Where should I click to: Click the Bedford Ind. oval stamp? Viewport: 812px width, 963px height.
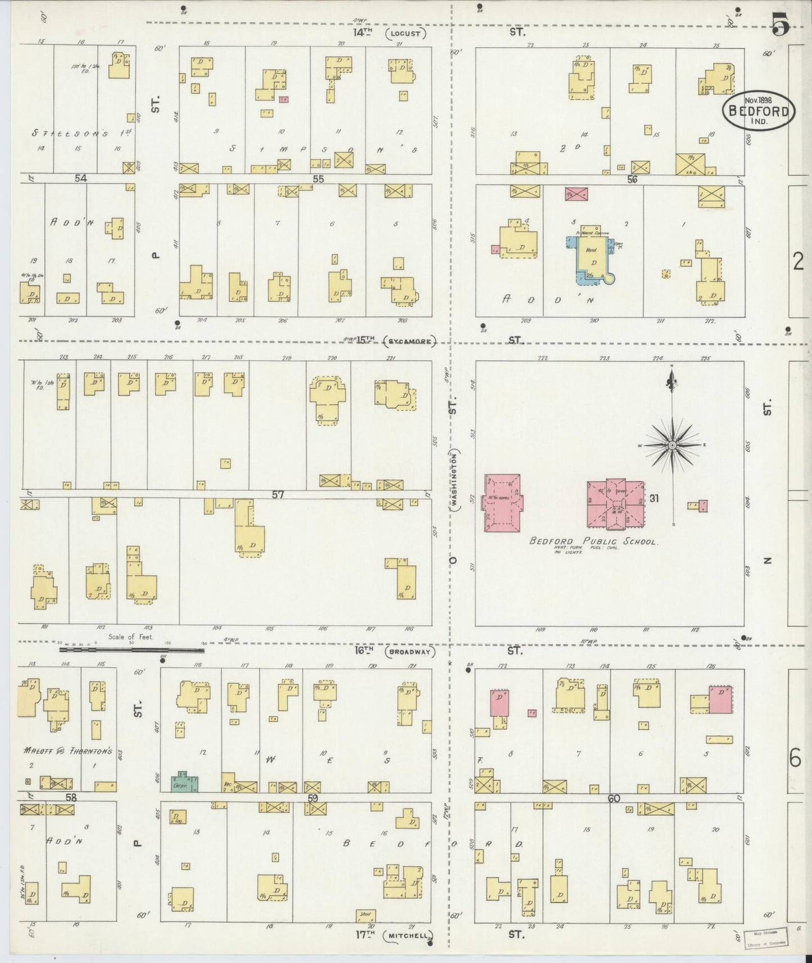click(759, 111)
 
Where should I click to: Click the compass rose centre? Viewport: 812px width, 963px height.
click(672, 446)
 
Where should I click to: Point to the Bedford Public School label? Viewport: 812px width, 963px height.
click(593, 541)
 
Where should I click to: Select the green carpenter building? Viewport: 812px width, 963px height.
click(185, 782)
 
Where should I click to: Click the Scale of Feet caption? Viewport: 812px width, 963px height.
click(131, 638)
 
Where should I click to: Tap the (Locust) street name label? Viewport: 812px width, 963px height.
click(406, 33)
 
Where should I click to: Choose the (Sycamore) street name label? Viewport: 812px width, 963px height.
click(411, 340)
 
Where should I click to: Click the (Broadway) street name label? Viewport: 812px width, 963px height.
click(411, 652)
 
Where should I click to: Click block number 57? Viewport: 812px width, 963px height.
click(278, 494)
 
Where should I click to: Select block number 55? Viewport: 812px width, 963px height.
click(319, 179)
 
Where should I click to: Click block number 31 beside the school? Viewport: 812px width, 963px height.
click(654, 498)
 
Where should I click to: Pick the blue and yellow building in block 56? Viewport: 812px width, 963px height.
click(590, 258)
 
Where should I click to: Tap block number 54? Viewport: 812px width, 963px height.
click(81, 178)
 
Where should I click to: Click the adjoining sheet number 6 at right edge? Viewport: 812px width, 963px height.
click(796, 760)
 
